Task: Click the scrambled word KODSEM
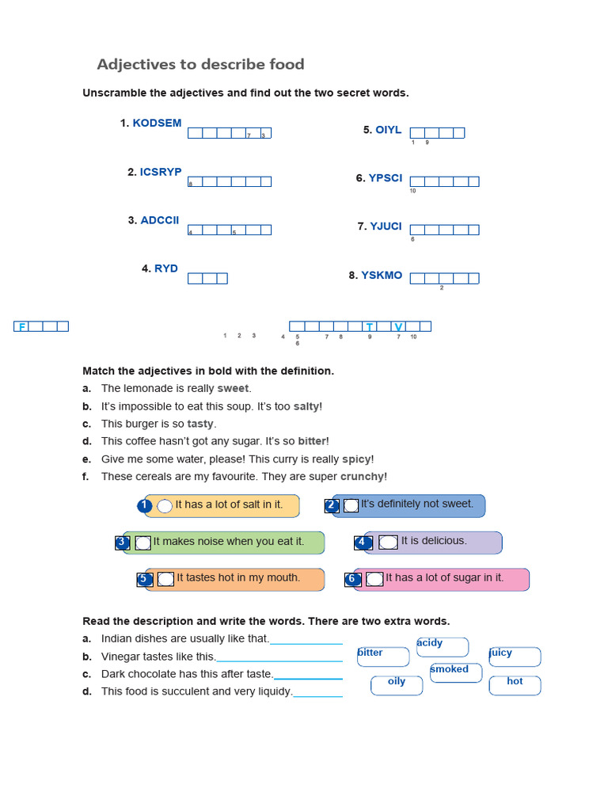click(x=157, y=123)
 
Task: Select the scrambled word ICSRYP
click(x=161, y=172)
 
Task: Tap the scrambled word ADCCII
click(x=160, y=220)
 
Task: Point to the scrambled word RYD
click(x=166, y=268)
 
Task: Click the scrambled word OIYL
click(x=389, y=130)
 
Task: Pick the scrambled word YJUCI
click(x=386, y=227)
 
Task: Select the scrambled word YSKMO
click(x=382, y=276)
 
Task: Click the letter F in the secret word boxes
click(x=22, y=326)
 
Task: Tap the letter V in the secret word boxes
click(x=398, y=326)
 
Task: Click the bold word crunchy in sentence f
click(x=363, y=477)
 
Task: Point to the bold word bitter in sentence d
click(x=312, y=441)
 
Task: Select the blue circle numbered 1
click(x=144, y=505)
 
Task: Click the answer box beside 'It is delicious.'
click(x=388, y=542)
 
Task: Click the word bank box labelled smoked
click(x=455, y=672)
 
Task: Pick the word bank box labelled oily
click(x=397, y=684)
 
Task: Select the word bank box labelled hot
click(x=515, y=684)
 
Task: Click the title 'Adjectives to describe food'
click(x=200, y=64)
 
